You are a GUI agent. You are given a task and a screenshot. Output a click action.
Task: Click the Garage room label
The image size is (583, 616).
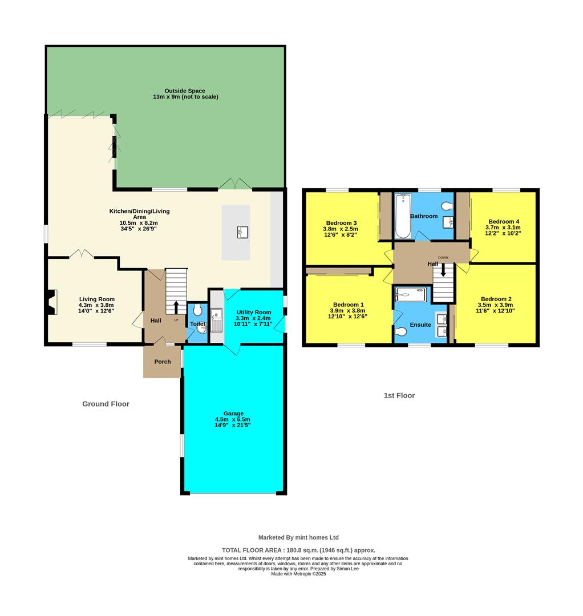233,414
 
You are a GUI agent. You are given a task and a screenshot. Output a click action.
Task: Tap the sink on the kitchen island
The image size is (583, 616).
242,232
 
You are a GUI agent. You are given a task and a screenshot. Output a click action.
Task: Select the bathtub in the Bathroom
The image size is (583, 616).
403,217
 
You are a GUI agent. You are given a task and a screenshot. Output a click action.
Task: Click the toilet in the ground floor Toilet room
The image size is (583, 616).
197,310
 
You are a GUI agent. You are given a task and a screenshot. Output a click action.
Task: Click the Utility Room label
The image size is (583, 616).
254,313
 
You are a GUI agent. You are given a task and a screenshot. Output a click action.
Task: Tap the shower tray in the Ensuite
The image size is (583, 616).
411,294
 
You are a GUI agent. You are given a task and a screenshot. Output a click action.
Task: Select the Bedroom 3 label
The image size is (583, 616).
342,223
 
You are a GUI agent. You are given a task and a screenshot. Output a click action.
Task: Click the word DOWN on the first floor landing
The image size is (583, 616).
443,257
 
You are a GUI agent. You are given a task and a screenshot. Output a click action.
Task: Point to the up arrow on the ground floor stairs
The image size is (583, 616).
176,306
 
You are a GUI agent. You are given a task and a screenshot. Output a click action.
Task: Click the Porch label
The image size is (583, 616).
163,362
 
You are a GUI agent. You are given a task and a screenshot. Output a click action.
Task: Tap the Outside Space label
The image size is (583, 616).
185,91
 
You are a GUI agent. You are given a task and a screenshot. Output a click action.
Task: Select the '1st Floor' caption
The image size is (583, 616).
399,395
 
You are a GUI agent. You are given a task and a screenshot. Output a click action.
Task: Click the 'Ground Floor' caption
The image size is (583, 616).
106,404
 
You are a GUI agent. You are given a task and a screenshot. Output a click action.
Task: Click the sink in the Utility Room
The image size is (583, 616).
216,319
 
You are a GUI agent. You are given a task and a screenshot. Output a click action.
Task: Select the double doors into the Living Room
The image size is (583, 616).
81,254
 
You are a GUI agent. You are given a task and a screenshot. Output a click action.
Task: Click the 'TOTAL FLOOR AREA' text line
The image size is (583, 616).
298,550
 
